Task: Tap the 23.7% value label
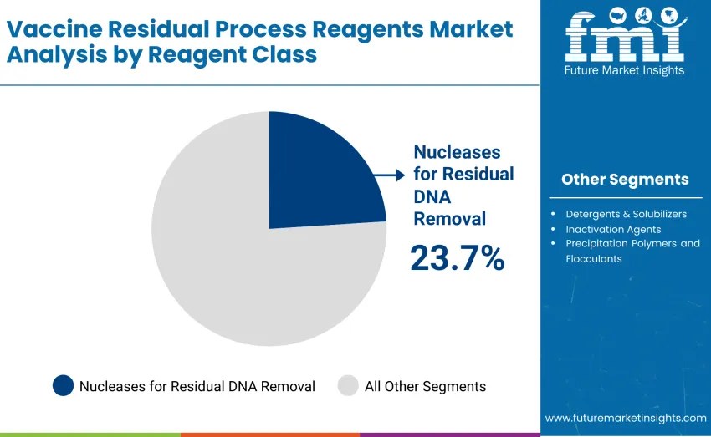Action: click(x=457, y=258)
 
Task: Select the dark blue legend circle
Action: click(x=63, y=385)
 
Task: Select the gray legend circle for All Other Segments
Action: click(x=348, y=385)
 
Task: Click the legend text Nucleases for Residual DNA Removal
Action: click(x=197, y=386)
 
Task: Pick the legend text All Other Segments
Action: click(x=425, y=386)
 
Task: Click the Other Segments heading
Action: click(x=625, y=179)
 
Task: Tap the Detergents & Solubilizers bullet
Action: click(x=626, y=214)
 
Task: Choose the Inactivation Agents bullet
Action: click(x=613, y=229)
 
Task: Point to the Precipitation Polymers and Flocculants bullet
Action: click(x=632, y=251)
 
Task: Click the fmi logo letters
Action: click(x=625, y=38)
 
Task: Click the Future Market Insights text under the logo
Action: click(x=625, y=70)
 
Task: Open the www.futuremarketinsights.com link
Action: click(x=625, y=418)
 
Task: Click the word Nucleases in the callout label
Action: click(x=457, y=152)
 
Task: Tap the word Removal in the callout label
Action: click(x=449, y=219)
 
